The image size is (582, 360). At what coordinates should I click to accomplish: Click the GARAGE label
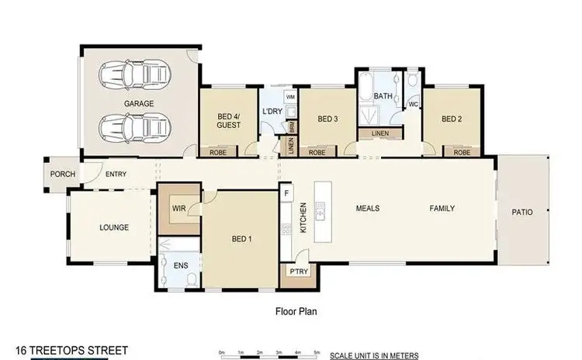138,102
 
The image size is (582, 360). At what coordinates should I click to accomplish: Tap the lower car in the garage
136,126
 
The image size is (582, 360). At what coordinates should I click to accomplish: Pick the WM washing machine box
290,97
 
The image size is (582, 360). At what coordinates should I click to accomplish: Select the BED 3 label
327,119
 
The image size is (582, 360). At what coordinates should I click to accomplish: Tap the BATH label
383,96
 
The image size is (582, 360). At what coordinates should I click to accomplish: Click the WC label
414,103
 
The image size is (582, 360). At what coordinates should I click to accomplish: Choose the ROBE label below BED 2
462,153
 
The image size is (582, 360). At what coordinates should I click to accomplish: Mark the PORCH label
63,175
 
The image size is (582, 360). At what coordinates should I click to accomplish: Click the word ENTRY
116,175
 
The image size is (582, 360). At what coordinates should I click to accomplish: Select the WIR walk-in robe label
177,208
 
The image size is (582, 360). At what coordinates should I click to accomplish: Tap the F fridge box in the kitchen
286,192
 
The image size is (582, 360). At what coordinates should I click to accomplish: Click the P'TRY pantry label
295,272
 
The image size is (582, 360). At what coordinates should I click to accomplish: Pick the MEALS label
367,208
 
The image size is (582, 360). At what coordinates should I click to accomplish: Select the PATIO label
521,211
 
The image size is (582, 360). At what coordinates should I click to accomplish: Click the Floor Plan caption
296,312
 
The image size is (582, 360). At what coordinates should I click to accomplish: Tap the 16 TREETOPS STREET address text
72,351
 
